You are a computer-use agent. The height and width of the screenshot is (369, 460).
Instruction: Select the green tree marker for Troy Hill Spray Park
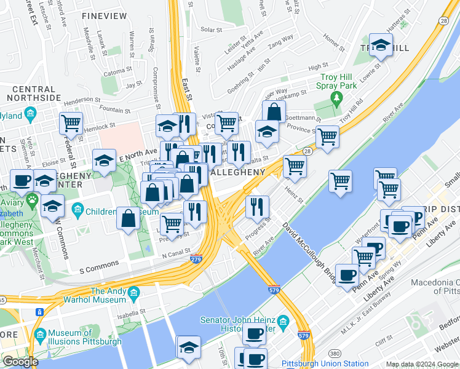click(336, 98)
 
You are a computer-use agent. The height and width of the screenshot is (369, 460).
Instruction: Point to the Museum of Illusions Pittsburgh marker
click(41, 335)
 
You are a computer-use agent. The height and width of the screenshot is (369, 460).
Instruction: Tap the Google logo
click(20, 362)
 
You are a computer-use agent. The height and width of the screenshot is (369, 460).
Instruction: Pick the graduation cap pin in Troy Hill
click(381, 45)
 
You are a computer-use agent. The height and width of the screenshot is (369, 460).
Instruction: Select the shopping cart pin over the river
click(340, 181)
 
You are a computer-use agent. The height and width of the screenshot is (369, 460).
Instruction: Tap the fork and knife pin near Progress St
click(257, 207)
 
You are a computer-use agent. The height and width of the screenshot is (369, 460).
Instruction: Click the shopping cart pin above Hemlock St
click(71, 123)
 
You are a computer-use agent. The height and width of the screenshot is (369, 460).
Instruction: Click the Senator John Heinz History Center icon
click(283, 322)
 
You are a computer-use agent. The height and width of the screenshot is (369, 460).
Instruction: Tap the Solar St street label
click(211, 29)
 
